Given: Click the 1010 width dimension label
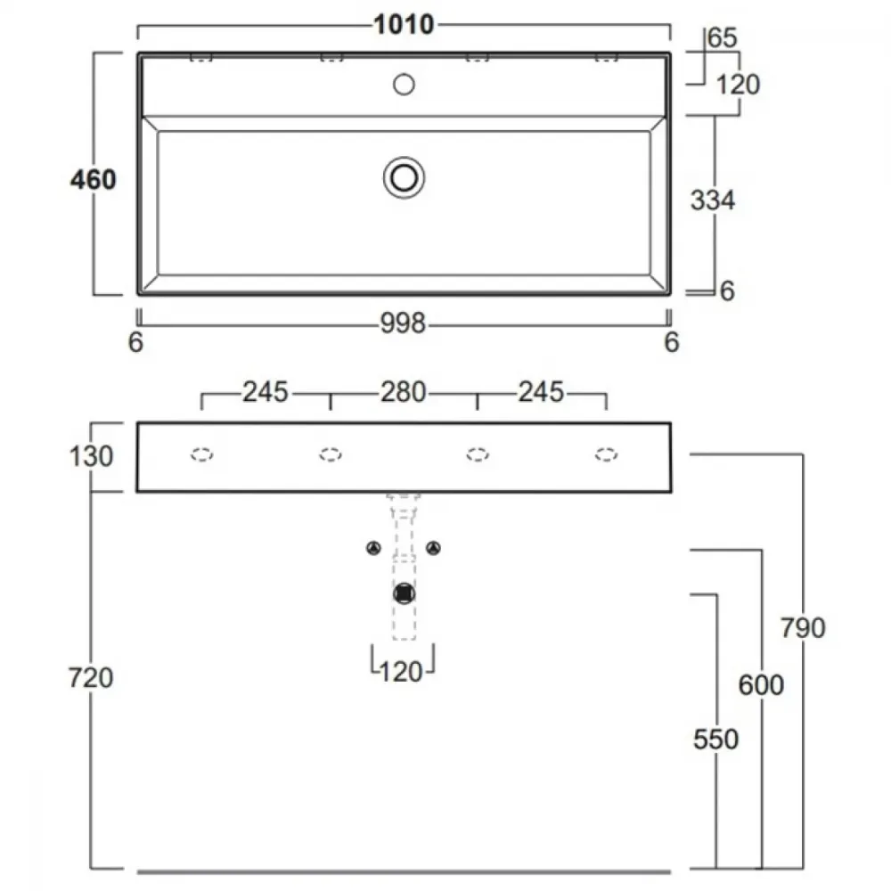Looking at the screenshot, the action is tap(404, 24).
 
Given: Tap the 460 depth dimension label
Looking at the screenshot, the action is tap(94, 180).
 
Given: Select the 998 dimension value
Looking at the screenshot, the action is tap(403, 323).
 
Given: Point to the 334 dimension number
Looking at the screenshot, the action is tap(713, 200).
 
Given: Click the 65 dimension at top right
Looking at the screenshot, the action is tap(723, 37).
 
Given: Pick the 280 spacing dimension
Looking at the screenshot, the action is tap(403, 392).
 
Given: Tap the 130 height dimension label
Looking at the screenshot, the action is tap(91, 456).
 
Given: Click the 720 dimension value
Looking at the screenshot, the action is tap(91, 677).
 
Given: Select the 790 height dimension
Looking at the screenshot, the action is tap(803, 628).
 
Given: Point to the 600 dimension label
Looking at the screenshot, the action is tap(761, 684).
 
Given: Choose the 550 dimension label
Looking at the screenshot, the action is tap(716, 739).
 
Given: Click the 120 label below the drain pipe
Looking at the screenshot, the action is tap(401, 672).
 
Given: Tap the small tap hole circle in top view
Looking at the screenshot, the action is tap(404, 85).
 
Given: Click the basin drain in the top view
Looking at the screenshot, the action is tap(404, 178).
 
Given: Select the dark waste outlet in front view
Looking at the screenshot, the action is tap(404, 593).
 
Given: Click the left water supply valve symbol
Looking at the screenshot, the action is tap(373, 548).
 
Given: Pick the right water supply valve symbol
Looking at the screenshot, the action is tap(434, 548).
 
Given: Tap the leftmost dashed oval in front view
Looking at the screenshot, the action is tap(201, 454).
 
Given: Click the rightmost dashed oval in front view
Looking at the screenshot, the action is tap(606, 454).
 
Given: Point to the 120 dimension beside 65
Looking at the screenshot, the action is tap(738, 85).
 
